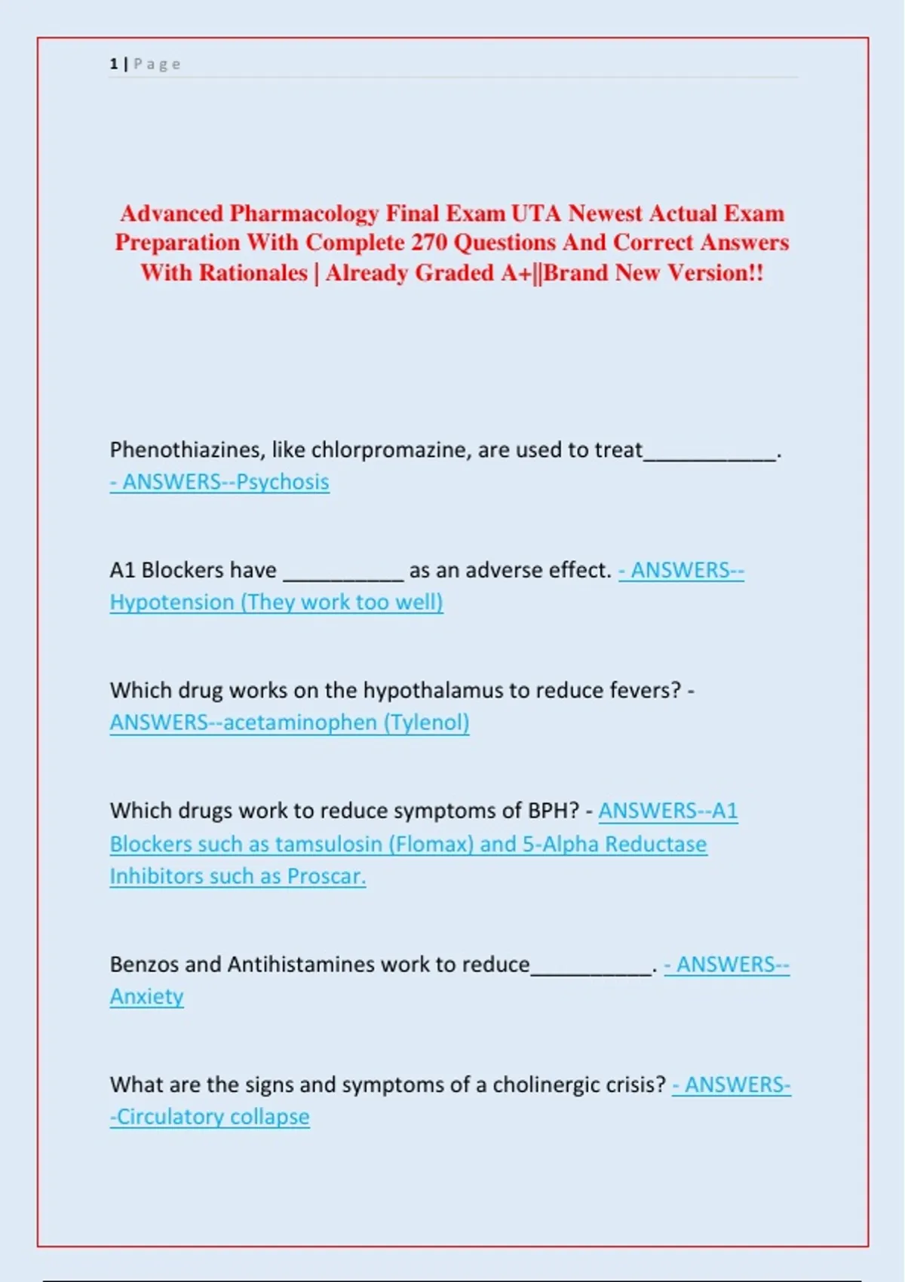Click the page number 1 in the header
coord(114,64)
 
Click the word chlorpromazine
coord(391,450)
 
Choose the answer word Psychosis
coord(283,482)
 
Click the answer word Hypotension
coord(172,603)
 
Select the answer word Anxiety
coord(147,997)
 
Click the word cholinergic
coord(541,1084)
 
